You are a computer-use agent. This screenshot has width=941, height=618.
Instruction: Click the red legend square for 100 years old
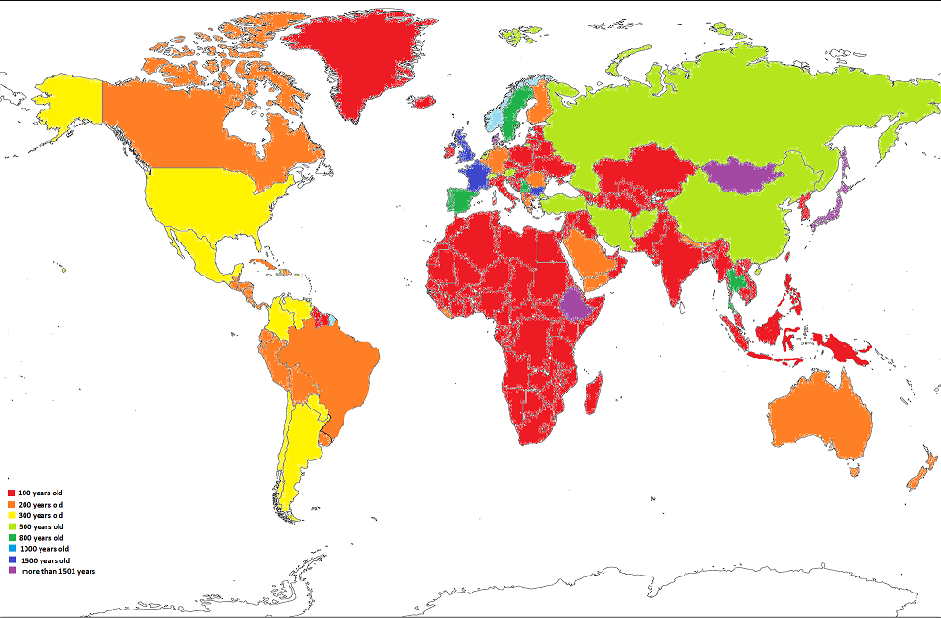(11, 493)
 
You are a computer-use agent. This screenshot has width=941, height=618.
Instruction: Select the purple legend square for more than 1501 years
(11, 571)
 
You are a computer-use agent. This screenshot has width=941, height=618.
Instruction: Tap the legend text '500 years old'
(41, 526)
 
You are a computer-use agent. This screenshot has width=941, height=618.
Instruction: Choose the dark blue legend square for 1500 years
(11, 560)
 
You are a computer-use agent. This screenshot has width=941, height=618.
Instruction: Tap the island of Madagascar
(595, 391)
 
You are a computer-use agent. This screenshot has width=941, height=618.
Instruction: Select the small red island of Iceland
(421, 100)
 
